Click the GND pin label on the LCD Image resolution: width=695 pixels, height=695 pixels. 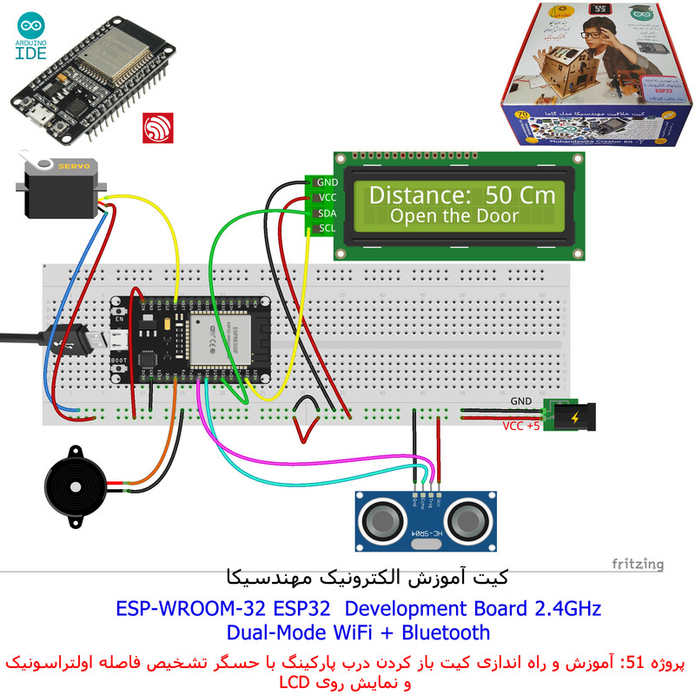pos(327,182)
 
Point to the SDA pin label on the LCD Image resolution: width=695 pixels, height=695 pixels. pos(327,213)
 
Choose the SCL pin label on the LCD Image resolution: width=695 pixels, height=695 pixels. pos(327,228)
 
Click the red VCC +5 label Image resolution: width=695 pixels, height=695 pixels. pos(521,427)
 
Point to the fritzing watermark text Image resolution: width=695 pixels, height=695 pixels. pos(637,564)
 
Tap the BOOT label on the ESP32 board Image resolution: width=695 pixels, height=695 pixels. pos(120,359)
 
